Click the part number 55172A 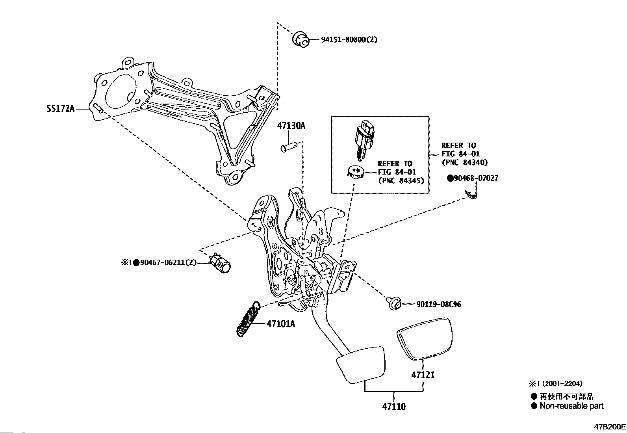[x=61, y=109]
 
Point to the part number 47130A [x=291, y=126]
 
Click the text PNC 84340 [x=464, y=162]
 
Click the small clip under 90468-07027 [x=471, y=194]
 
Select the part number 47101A [x=281, y=324]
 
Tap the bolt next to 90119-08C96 [x=395, y=304]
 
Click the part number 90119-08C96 [x=438, y=304]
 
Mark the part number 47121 [x=423, y=374]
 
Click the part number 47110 [x=393, y=406]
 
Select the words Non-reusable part [x=571, y=406]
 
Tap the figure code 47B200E [x=610, y=427]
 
